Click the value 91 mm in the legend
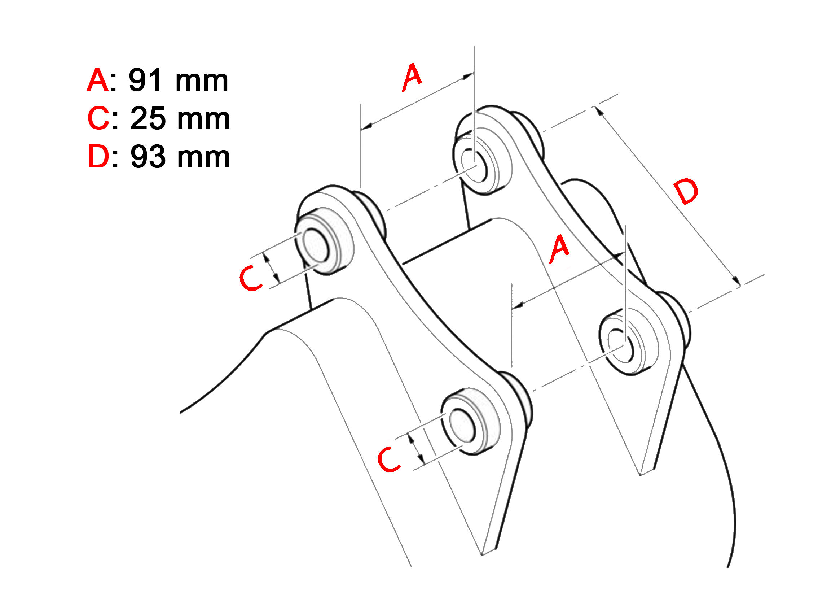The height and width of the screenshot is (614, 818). [x=179, y=80]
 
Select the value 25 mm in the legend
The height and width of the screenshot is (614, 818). [x=180, y=119]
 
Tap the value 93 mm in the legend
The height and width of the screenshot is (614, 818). [x=180, y=157]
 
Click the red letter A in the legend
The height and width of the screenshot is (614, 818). [x=98, y=80]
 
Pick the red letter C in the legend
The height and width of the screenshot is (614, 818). [x=98, y=119]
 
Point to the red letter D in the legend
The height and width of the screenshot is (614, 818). [x=98, y=157]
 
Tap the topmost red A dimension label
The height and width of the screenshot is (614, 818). [x=412, y=77]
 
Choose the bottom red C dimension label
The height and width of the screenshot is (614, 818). [x=389, y=459]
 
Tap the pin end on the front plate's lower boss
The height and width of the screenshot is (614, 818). [x=462, y=426]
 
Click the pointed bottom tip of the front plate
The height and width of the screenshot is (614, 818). [x=482, y=555]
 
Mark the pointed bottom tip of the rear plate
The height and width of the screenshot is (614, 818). [x=640, y=475]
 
